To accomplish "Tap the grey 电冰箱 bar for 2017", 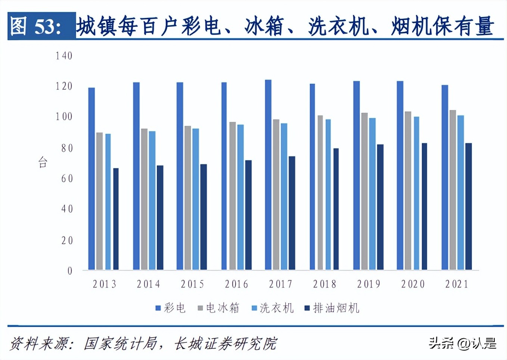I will (x=276, y=194).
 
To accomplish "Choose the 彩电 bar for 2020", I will (x=400, y=175).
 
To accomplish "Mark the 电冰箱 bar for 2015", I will (x=187, y=198).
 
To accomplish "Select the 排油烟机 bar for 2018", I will (x=336, y=209).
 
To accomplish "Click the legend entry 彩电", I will (x=171, y=308).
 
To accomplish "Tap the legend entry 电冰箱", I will (x=218, y=308).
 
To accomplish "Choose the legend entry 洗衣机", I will (x=273, y=308).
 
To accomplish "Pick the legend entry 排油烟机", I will (x=332, y=308).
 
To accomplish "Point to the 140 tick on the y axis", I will (x=64, y=56).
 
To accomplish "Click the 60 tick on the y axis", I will (x=67, y=178).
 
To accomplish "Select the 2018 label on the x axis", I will (x=324, y=284).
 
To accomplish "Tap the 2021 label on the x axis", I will (x=457, y=284).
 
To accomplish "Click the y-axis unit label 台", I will (x=43, y=162).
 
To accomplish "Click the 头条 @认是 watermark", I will (x=463, y=343).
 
